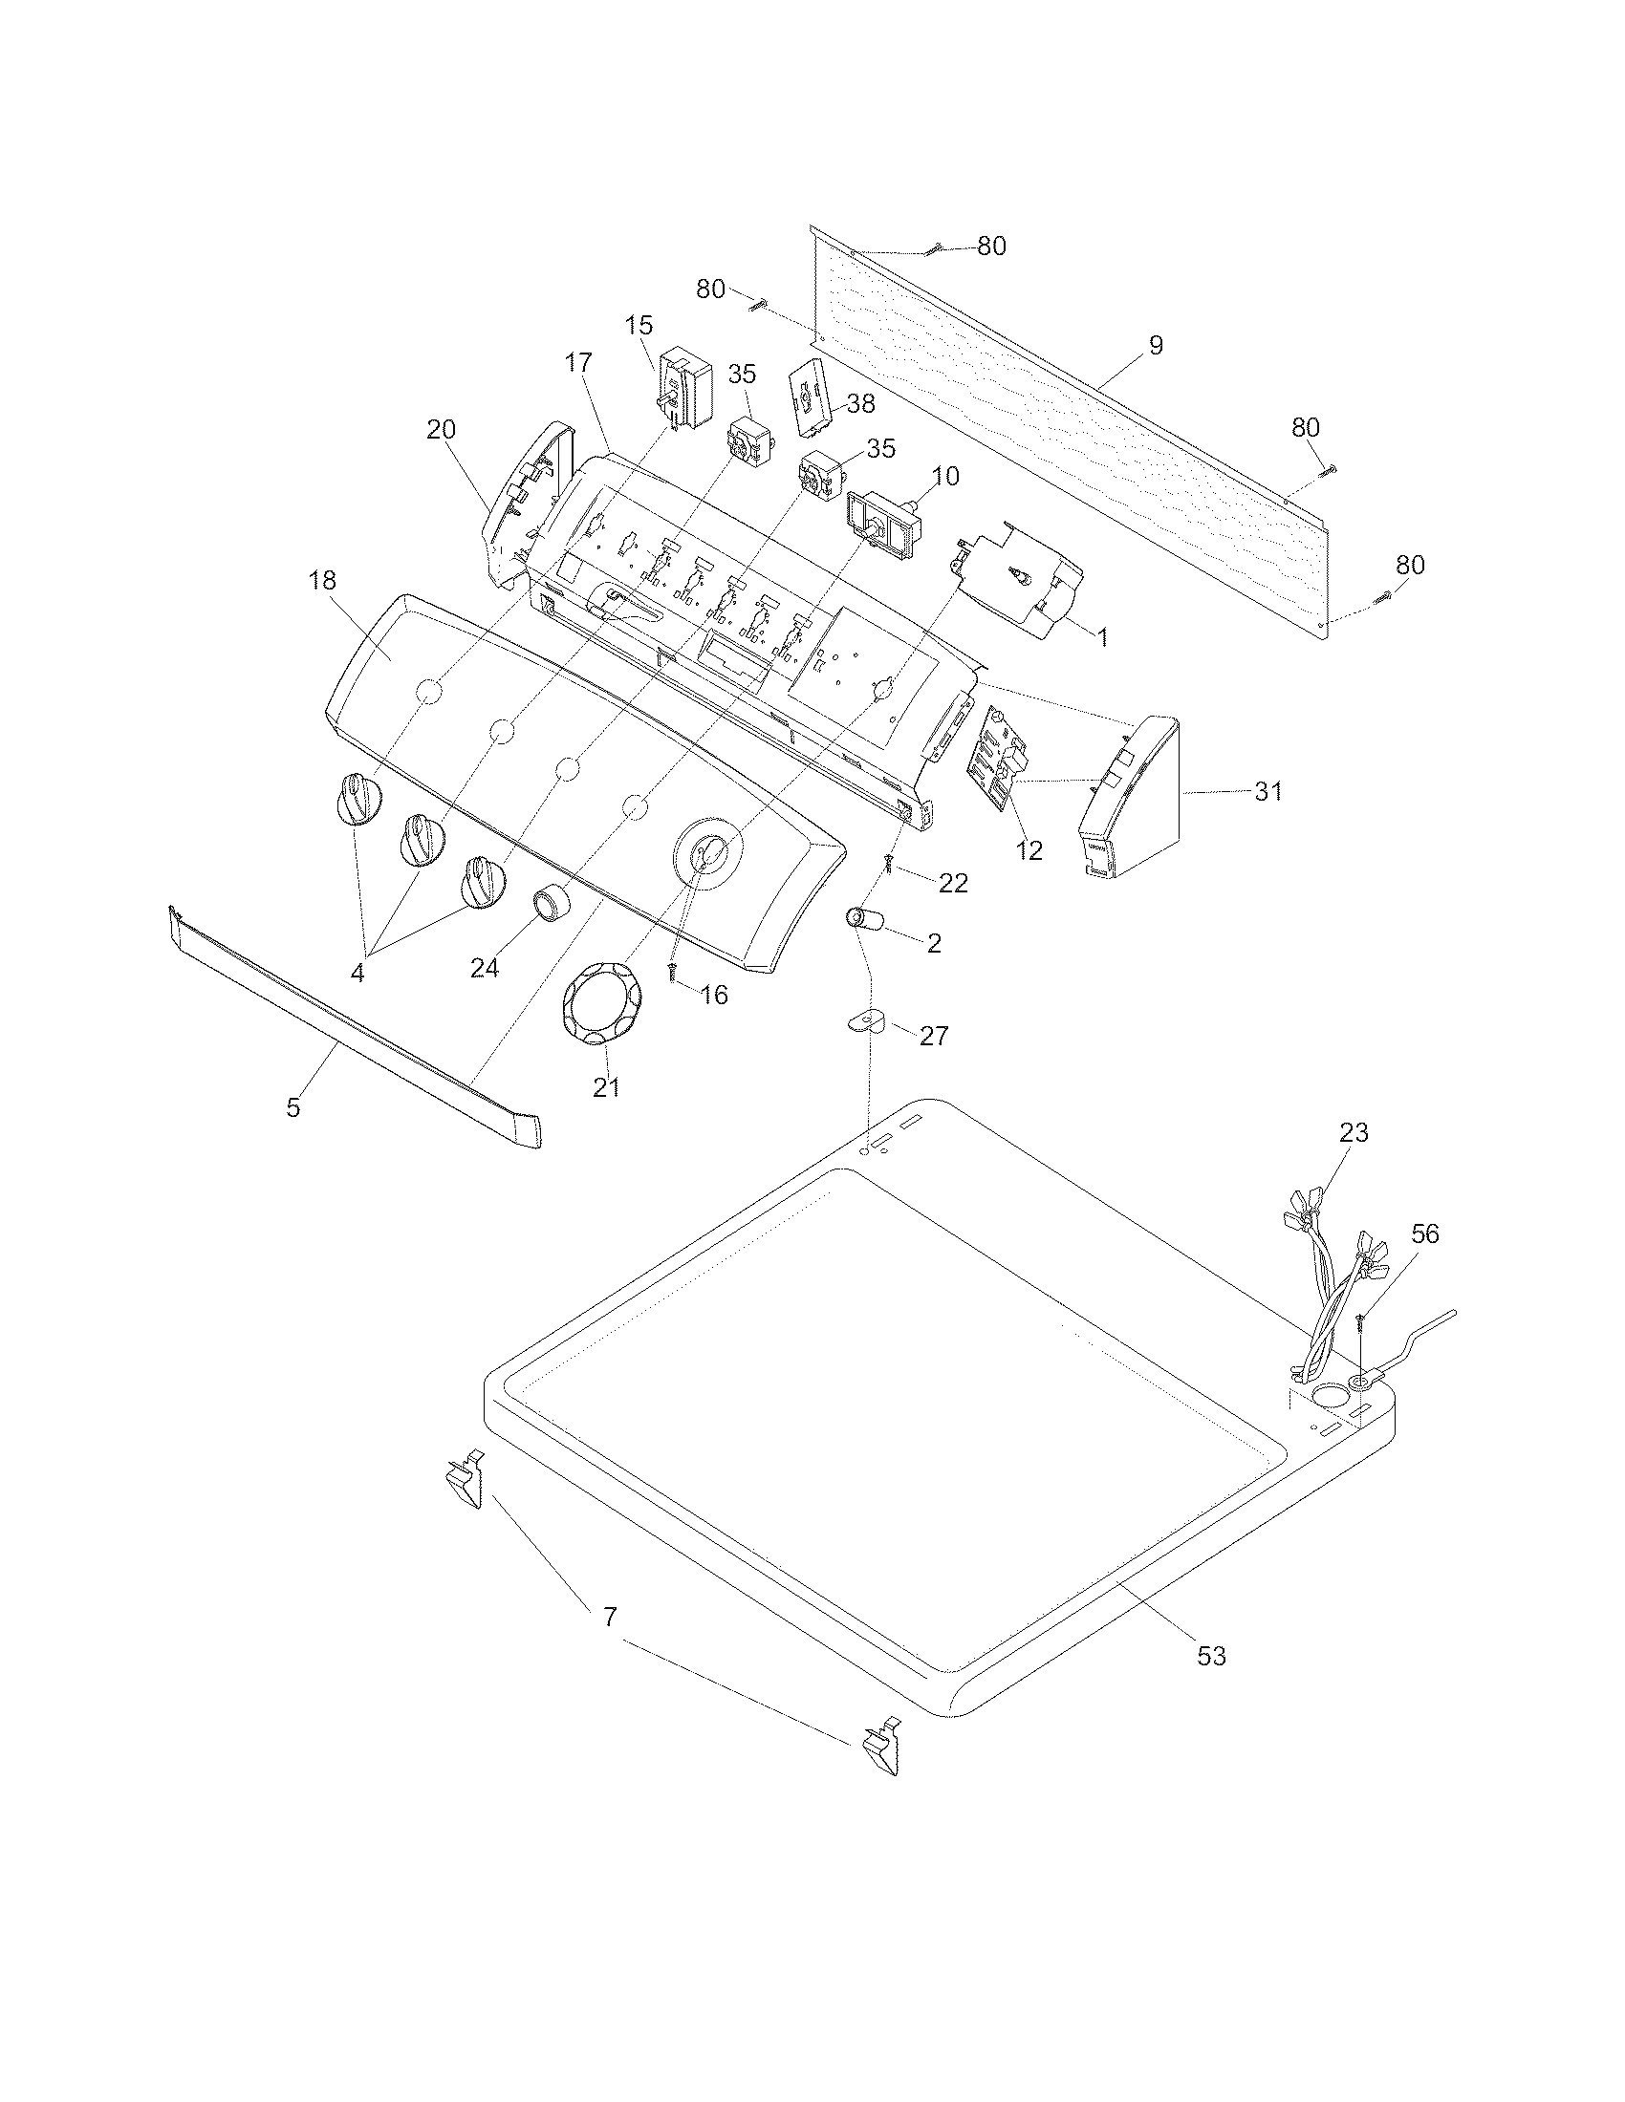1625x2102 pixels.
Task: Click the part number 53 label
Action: [1211, 1656]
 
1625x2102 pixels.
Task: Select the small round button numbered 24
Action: [552, 905]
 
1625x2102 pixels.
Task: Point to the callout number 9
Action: [1156, 345]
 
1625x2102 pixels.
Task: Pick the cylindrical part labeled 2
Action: [865, 919]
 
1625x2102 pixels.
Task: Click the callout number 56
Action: [1424, 1233]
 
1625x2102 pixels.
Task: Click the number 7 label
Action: [610, 1616]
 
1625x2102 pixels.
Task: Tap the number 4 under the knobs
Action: [357, 973]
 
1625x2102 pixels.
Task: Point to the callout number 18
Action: [322, 580]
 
